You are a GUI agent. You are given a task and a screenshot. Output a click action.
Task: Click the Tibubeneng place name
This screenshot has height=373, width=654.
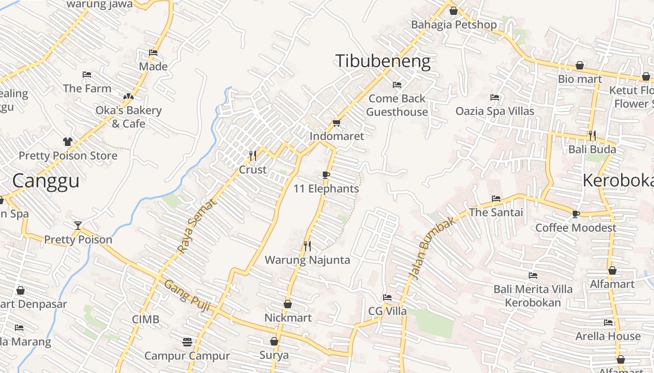coord(383,61)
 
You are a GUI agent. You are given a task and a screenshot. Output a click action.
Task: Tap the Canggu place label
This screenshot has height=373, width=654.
coord(46,181)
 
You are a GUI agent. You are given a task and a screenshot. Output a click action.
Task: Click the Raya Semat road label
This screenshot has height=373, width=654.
coord(198,226)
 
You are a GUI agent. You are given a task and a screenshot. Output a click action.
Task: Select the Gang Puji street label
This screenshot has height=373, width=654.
coord(187,295)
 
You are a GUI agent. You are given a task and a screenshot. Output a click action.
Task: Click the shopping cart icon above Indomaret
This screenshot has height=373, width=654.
coord(336,123)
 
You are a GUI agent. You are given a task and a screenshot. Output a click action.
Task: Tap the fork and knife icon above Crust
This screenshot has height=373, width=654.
coord(253,155)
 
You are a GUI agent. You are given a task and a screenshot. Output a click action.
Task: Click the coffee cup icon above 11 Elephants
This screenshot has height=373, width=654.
coord(326,175)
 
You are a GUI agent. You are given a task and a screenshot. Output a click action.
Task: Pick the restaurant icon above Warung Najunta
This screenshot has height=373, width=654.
coord(307,246)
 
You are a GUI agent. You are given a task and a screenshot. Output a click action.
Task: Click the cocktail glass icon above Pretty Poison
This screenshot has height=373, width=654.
coord(78,226)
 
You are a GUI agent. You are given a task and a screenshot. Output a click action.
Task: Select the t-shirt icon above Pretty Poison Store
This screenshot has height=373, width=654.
coord(68,141)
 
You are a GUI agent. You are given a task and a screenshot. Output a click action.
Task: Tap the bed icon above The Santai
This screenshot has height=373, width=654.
coord(496,199)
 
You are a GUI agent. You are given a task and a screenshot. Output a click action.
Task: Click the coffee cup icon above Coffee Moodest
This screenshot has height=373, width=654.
coord(576,214)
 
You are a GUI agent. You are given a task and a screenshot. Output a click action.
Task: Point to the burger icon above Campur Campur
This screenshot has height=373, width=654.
coord(187,342)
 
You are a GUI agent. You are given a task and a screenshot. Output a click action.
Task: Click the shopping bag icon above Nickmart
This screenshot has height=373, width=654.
coord(288,304)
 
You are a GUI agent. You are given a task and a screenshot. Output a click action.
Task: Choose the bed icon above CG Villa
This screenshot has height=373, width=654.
coord(387,297)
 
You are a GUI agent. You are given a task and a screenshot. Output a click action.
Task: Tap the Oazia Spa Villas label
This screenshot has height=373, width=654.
coord(495,111)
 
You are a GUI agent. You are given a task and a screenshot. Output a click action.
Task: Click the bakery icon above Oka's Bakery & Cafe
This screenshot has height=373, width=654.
coord(128,97)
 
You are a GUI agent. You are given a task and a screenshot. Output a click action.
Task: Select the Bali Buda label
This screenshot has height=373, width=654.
coord(592,150)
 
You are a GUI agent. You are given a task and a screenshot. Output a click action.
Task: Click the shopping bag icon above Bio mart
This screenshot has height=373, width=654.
coord(580,65)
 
